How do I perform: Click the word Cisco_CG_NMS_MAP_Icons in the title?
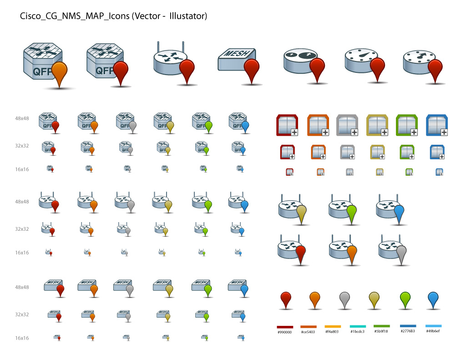tap(75, 16)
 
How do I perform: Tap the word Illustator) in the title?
tap(188, 16)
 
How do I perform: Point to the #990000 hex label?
tap(284, 332)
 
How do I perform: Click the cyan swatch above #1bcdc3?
tap(357, 326)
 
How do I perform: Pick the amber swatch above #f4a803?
tap(333, 326)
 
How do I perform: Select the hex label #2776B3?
tap(407, 331)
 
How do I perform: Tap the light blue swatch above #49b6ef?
tap(433, 326)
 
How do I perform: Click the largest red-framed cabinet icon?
tap(287, 125)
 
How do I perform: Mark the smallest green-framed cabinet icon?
tap(409, 172)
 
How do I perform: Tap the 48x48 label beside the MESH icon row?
tap(22, 288)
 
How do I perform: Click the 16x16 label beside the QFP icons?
tap(22, 169)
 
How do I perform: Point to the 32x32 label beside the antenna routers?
tap(22, 229)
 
